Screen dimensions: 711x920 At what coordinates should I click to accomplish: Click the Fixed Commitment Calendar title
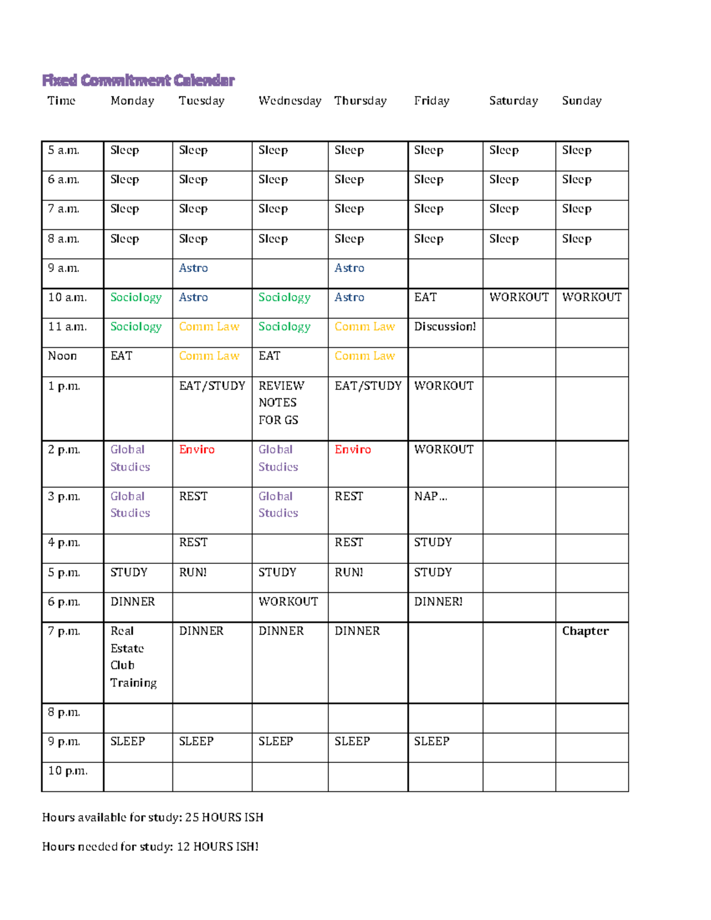pos(138,80)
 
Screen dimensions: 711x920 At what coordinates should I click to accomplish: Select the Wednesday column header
pos(290,101)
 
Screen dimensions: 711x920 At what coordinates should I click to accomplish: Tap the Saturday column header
pos(513,101)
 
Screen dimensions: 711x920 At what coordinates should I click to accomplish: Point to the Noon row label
pos(62,356)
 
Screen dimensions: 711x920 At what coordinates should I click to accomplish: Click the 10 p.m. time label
pos(68,771)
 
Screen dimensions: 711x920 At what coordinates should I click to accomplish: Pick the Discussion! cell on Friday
pos(444,326)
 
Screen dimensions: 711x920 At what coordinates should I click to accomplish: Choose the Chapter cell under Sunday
pos(585,631)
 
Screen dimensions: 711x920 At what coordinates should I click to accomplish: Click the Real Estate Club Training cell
pos(133,657)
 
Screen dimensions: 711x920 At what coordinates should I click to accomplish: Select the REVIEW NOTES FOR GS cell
pos(281,403)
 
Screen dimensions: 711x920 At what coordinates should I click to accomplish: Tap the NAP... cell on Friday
pos(430,496)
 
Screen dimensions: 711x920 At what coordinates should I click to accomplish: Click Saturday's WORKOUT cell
pos(518,297)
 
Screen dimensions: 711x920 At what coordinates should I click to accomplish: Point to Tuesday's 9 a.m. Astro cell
pos(193,268)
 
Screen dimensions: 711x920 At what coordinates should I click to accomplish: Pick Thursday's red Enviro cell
pos(353,450)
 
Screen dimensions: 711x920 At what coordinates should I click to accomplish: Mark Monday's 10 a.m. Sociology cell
pos(136,297)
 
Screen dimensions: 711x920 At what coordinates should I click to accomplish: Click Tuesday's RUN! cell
pos(193,572)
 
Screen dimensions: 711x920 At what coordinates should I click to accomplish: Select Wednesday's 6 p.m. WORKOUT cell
pos(288,602)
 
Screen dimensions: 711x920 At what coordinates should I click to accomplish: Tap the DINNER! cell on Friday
pos(438,602)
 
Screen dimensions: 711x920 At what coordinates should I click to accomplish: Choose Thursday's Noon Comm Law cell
pos(364,356)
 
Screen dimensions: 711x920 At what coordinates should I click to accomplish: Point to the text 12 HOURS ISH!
pos(217,847)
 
